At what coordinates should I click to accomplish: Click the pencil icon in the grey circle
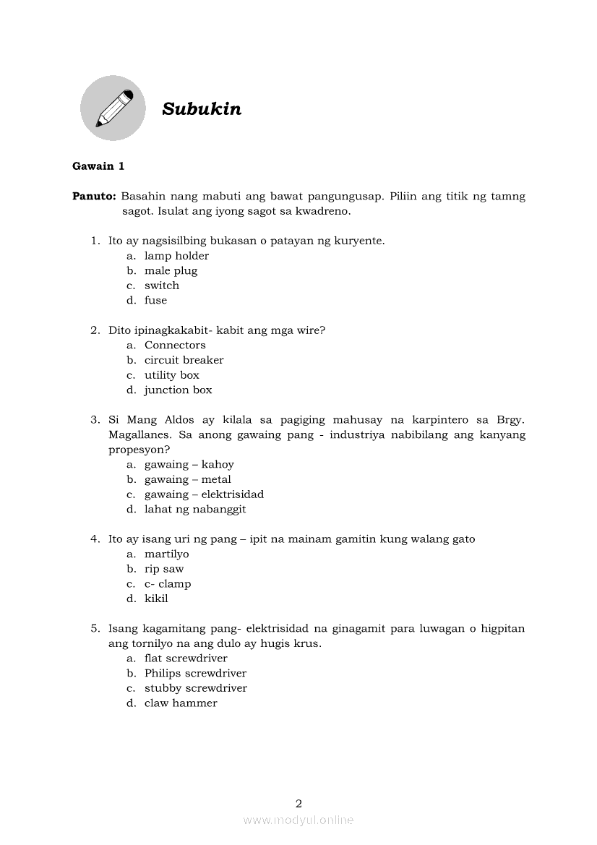113,108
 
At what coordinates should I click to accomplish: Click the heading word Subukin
202,109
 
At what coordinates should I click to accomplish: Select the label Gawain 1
98,166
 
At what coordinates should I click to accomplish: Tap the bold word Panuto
94,197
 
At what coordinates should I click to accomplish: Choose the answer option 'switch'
161,286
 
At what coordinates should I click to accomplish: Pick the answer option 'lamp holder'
176,256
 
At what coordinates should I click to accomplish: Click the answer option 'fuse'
155,301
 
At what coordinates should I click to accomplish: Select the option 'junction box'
178,390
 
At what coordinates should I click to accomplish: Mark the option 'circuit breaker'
184,360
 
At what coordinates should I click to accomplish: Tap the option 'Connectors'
175,346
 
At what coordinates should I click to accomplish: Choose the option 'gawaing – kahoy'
189,465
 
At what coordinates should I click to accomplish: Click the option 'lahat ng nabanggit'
195,510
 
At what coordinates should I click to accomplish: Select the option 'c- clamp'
168,584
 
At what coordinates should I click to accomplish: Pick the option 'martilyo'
166,554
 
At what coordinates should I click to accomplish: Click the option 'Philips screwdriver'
195,674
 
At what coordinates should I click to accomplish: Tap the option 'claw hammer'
181,703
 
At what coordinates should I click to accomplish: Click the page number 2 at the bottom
298,803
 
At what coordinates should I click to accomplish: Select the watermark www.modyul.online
298,820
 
